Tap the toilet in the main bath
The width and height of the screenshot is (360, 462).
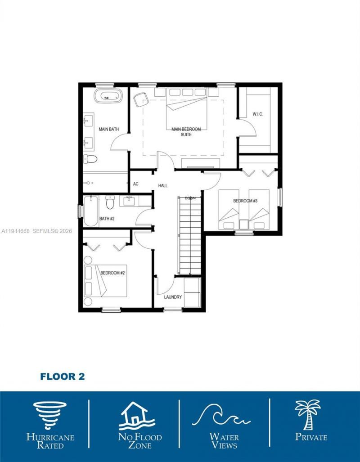(x=91, y=159)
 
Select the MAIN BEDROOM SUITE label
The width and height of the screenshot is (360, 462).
(x=186, y=132)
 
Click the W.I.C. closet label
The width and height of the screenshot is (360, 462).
(x=257, y=114)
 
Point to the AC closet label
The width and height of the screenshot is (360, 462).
(x=136, y=184)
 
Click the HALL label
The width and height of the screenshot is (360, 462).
(x=162, y=185)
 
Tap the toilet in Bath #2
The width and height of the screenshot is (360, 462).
(x=109, y=203)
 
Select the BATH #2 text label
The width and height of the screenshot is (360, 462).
(x=108, y=219)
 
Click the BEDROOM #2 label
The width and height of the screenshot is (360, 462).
(x=112, y=273)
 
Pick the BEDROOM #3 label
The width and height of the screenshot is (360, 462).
(x=245, y=201)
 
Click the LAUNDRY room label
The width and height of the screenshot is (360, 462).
(x=173, y=297)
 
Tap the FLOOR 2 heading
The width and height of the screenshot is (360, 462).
(x=62, y=377)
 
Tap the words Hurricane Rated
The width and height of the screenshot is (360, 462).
(x=50, y=441)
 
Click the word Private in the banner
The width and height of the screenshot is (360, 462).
(x=311, y=436)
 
